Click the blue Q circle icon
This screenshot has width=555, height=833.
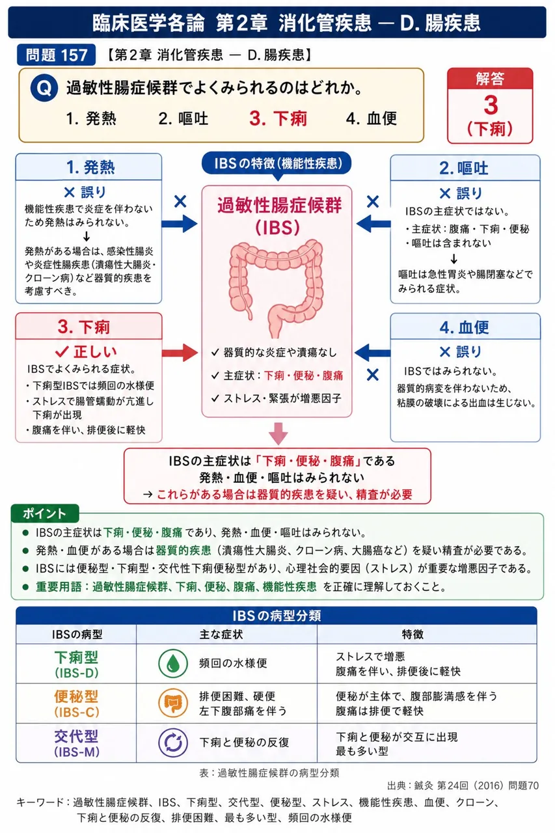tap(44, 88)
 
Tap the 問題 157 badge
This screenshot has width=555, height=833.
tap(56, 55)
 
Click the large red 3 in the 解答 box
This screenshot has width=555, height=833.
tap(491, 105)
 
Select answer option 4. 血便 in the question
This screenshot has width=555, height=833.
tap(372, 118)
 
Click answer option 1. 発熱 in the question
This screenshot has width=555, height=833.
tap(91, 118)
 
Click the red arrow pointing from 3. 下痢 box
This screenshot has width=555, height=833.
tap(180, 353)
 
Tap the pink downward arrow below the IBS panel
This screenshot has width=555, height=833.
tap(278, 433)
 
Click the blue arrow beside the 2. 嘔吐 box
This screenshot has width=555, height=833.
tap(373, 224)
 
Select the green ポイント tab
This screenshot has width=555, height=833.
tap(45, 513)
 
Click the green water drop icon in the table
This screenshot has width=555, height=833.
tap(173, 663)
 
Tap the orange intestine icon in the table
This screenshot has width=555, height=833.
tap(173, 703)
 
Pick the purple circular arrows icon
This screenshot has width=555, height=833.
tap(173, 743)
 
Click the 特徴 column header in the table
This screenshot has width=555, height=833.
tap(413, 635)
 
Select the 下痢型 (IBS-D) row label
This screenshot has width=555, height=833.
tap(77, 664)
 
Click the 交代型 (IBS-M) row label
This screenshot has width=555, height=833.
tap(77, 743)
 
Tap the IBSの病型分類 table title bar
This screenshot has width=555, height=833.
tap(277, 616)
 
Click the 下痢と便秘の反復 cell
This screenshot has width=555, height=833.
tap(244, 743)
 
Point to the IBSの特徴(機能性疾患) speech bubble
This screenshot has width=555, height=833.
tap(277, 164)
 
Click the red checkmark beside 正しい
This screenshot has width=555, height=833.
tap(62, 351)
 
